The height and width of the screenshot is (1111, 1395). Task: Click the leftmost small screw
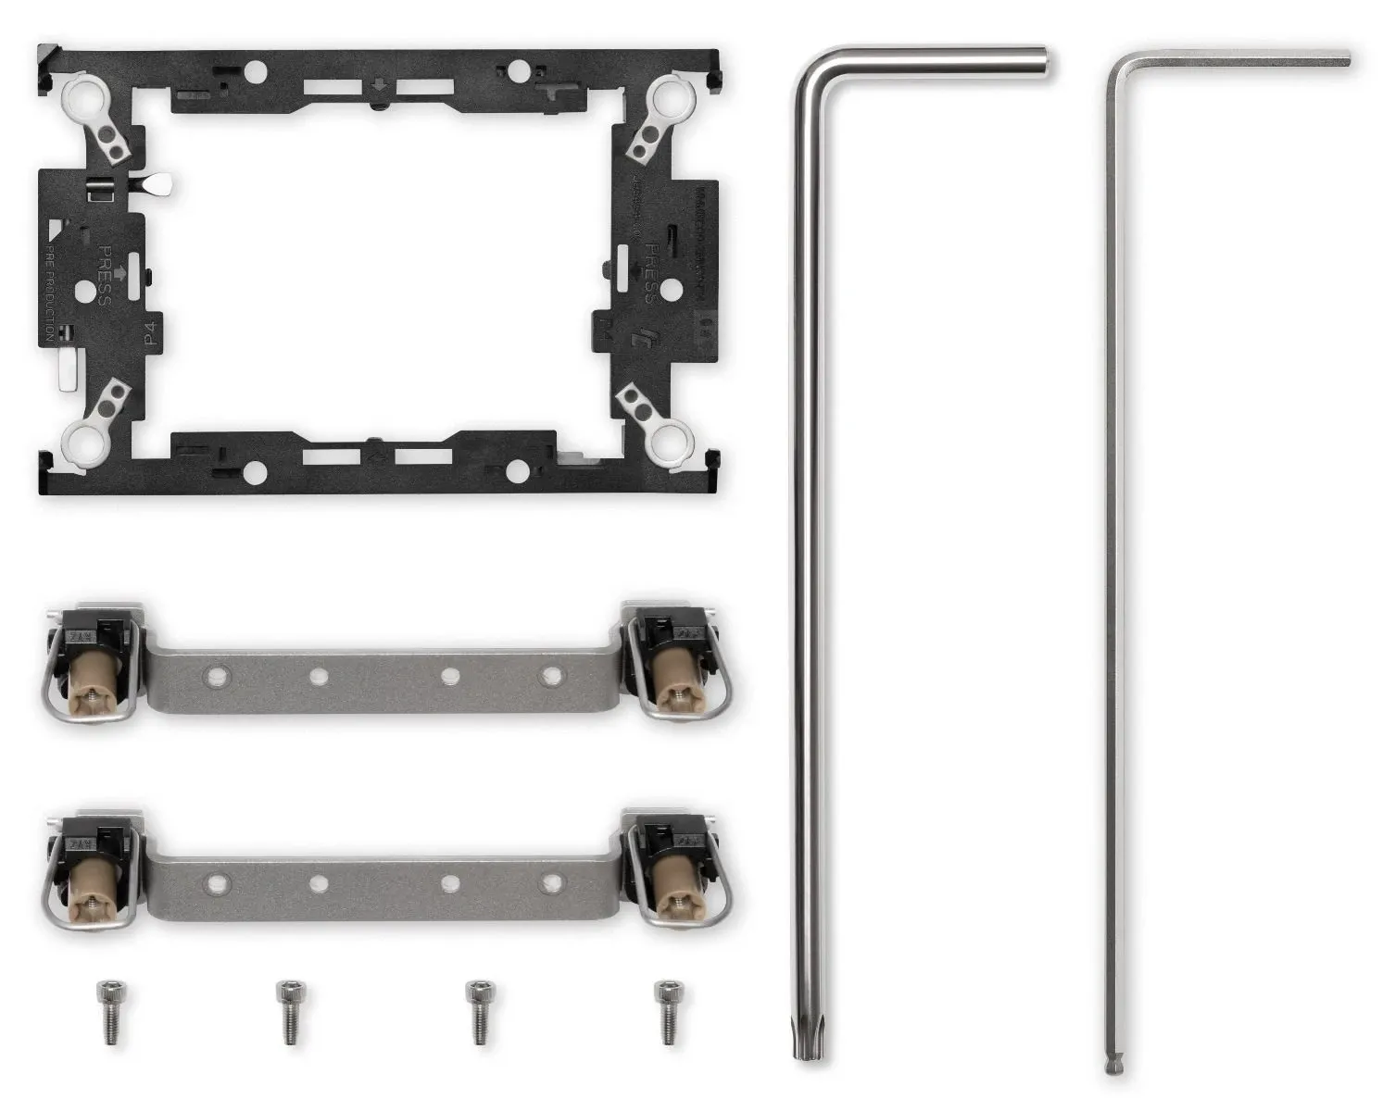pos(110,1012)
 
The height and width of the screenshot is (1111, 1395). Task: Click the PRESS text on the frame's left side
pos(105,275)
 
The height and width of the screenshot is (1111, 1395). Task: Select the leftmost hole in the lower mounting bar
pos(217,880)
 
